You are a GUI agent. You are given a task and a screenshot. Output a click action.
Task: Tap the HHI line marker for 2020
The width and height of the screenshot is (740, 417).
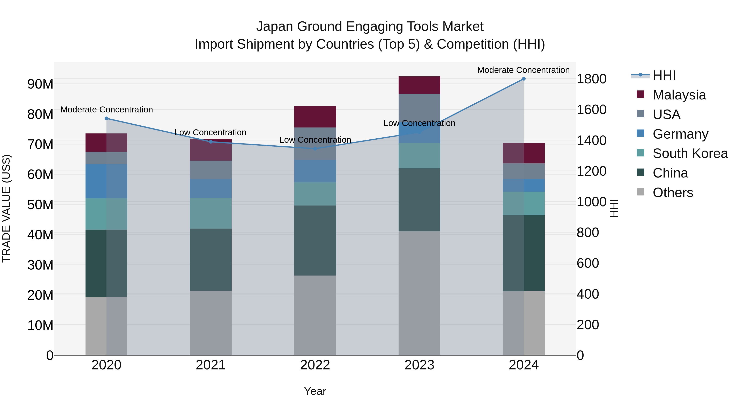click(106, 118)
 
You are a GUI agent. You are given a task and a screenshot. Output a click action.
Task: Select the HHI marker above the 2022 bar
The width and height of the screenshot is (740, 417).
click(315, 149)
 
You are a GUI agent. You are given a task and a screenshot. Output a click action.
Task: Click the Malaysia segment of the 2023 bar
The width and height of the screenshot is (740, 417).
click(419, 85)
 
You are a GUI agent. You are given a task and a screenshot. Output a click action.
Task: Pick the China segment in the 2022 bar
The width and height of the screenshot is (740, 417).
click(315, 240)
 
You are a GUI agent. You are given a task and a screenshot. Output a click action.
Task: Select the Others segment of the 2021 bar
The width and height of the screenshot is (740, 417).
click(210, 323)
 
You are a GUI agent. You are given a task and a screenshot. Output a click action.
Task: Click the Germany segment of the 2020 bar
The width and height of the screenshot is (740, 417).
click(106, 181)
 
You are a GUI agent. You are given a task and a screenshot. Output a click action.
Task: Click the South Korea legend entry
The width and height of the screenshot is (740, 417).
click(690, 153)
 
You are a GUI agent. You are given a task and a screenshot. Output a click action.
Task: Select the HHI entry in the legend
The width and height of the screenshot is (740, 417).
click(664, 75)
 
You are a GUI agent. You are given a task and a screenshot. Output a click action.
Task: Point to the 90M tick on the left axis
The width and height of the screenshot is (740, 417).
click(40, 84)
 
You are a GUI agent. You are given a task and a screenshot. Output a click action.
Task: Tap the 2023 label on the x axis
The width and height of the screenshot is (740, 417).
click(419, 365)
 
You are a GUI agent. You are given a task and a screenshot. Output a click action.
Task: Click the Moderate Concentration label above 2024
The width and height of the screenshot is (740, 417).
click(523, 70)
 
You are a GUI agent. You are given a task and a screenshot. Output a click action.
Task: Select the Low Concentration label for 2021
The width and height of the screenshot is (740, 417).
click(210, 132)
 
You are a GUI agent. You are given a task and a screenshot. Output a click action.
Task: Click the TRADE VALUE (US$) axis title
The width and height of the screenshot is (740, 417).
click(6, 208)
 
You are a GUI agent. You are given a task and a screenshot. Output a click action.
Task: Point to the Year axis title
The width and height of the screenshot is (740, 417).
click(315, 391)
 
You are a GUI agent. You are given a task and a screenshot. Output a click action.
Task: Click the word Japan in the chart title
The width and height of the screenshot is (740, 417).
click(275, 27)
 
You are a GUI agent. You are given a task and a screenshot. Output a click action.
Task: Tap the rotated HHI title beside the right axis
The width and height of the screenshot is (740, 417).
click(614, 208)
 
